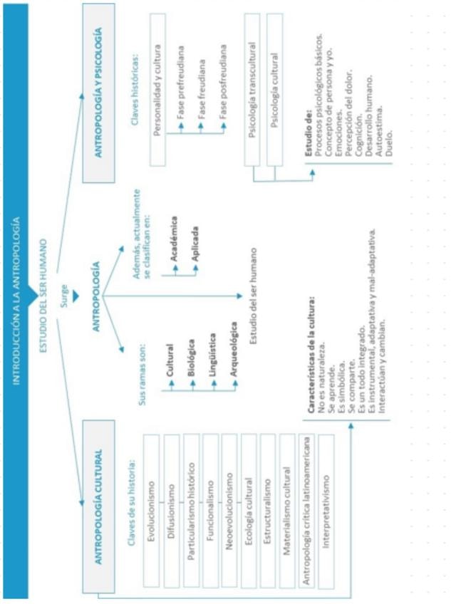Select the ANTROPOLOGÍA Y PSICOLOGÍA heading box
pos(100,93)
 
